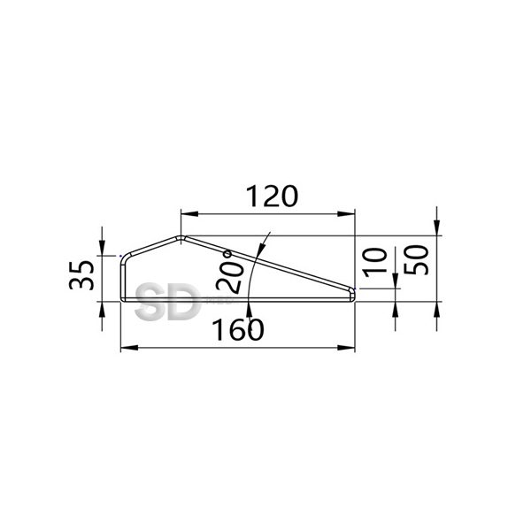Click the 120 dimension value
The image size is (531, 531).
(272, 196)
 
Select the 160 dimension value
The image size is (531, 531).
(238, 329)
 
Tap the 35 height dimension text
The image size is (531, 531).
(81, 274)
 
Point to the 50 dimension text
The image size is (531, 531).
(416, 259)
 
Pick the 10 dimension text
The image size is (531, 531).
(375, 263)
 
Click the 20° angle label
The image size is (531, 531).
(229, 272)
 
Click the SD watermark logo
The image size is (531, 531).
(166, 303)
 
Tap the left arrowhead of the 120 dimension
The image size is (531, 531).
(189, 213)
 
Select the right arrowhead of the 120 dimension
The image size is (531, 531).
(346, 213)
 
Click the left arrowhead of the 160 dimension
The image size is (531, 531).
(129, 348)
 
